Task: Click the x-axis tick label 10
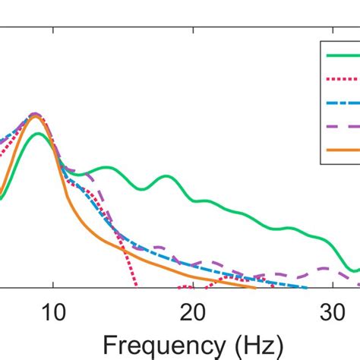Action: (x=52, y=312)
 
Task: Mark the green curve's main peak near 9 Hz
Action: (x=37, y=134)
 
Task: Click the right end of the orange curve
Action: (x=255, y=288)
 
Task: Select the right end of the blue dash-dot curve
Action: (x=306, y=288)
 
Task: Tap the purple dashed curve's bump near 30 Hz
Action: (x=325, y=268)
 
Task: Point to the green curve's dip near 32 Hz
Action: (x=354, y=270)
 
